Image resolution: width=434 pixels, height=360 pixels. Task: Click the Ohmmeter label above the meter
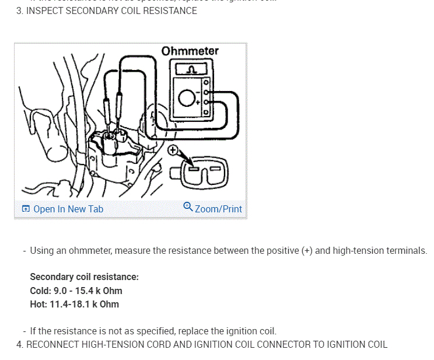(190, 51)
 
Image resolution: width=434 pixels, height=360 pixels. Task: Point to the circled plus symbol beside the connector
(173, 151)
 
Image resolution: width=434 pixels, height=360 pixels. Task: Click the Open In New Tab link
(68, 209)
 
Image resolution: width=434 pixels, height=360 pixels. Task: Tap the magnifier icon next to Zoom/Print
(188, 207)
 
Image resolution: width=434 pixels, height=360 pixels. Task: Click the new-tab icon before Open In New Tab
(26, 209)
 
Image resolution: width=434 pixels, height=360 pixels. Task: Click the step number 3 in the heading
(19, 11)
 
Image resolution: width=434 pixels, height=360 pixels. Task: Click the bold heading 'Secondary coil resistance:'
(84, 277)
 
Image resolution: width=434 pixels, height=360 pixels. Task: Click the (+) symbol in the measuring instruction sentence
(307, 251)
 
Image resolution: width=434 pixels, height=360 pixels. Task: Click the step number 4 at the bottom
(20, 344)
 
